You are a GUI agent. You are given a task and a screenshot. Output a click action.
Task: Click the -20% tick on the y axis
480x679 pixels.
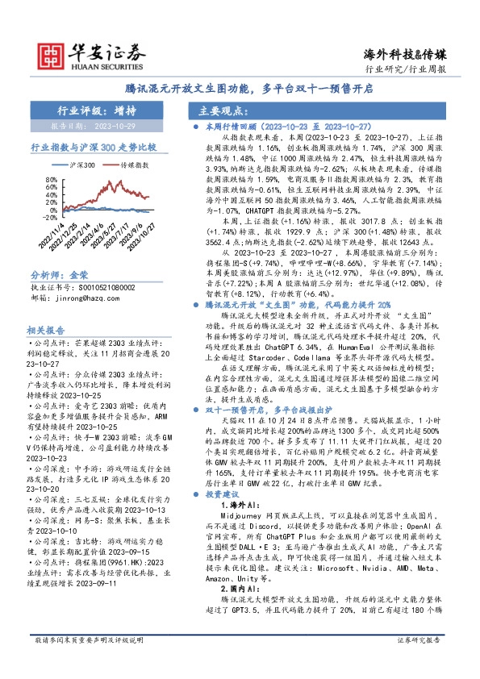tap(48, 216)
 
